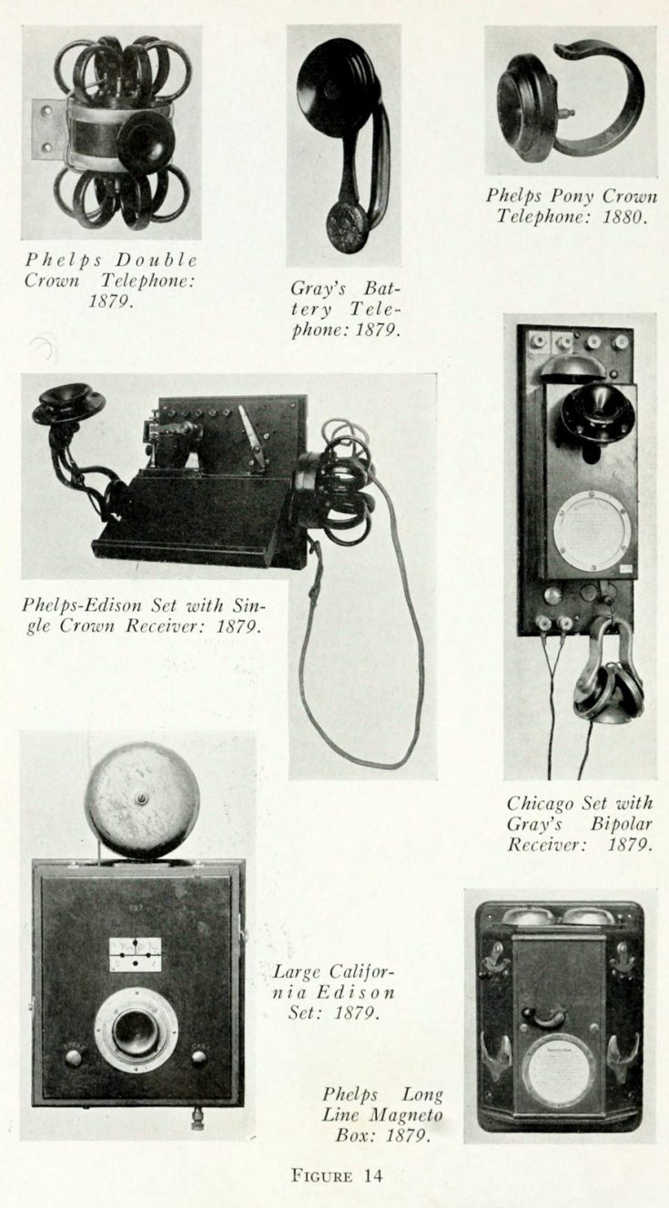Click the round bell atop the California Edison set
pyautogui.click(x=142, y=799)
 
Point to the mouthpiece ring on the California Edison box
pyautogui.click(x=137, y=1029)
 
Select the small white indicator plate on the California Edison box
pyautogui.click(x=135, y=955)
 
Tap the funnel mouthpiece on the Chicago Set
pyautogui.click(x=598, y=411)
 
